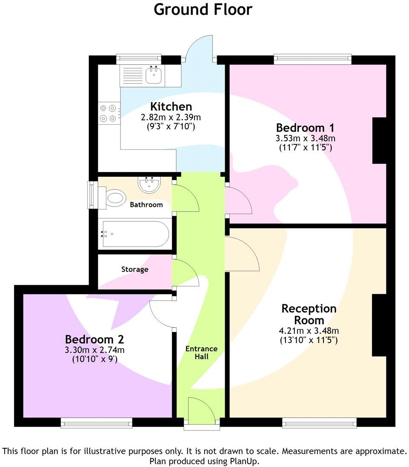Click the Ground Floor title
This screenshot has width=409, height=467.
[203, 9]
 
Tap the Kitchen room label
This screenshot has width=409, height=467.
[171, 106]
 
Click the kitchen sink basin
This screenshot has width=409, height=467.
[153, 75]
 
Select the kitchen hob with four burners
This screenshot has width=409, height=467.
[108, 113]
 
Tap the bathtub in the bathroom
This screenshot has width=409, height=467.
[135, 234]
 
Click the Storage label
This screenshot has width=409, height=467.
[135, 269]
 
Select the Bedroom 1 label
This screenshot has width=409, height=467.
[305, 128]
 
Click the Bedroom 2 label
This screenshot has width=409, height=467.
[94, 339]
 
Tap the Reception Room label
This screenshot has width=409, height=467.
[309, 314]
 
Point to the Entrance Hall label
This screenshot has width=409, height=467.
[201, 352]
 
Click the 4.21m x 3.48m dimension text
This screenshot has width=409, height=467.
[309, 331]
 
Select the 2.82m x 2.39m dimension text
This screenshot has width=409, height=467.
[171, 117]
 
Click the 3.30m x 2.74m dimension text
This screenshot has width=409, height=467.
[94, 350]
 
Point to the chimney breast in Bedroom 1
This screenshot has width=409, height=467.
[379, 140]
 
